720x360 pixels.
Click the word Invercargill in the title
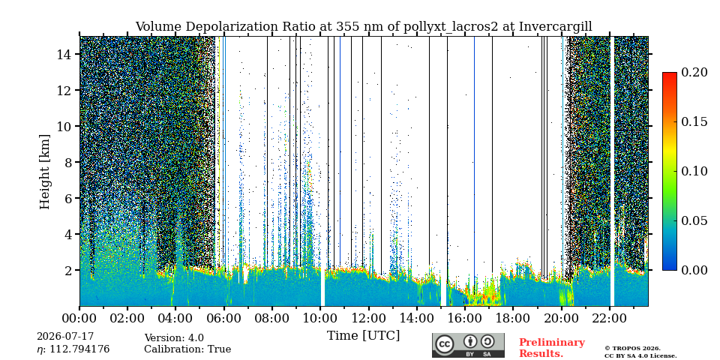coord(556,27)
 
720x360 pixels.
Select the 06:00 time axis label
coord(224,318)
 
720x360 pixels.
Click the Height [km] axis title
coord(44,172)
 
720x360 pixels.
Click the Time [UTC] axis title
coord(363,336)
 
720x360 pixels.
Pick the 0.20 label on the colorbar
coord(693,72)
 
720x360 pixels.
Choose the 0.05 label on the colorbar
coord(693,220)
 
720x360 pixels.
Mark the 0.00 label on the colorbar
coord(693,270)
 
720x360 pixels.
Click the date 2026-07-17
coord(64,337)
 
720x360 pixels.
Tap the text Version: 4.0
coord(174,338)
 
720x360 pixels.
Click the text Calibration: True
coord(187,349)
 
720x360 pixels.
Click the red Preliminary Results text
coord(552,348)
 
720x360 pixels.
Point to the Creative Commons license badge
coord(468,345)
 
